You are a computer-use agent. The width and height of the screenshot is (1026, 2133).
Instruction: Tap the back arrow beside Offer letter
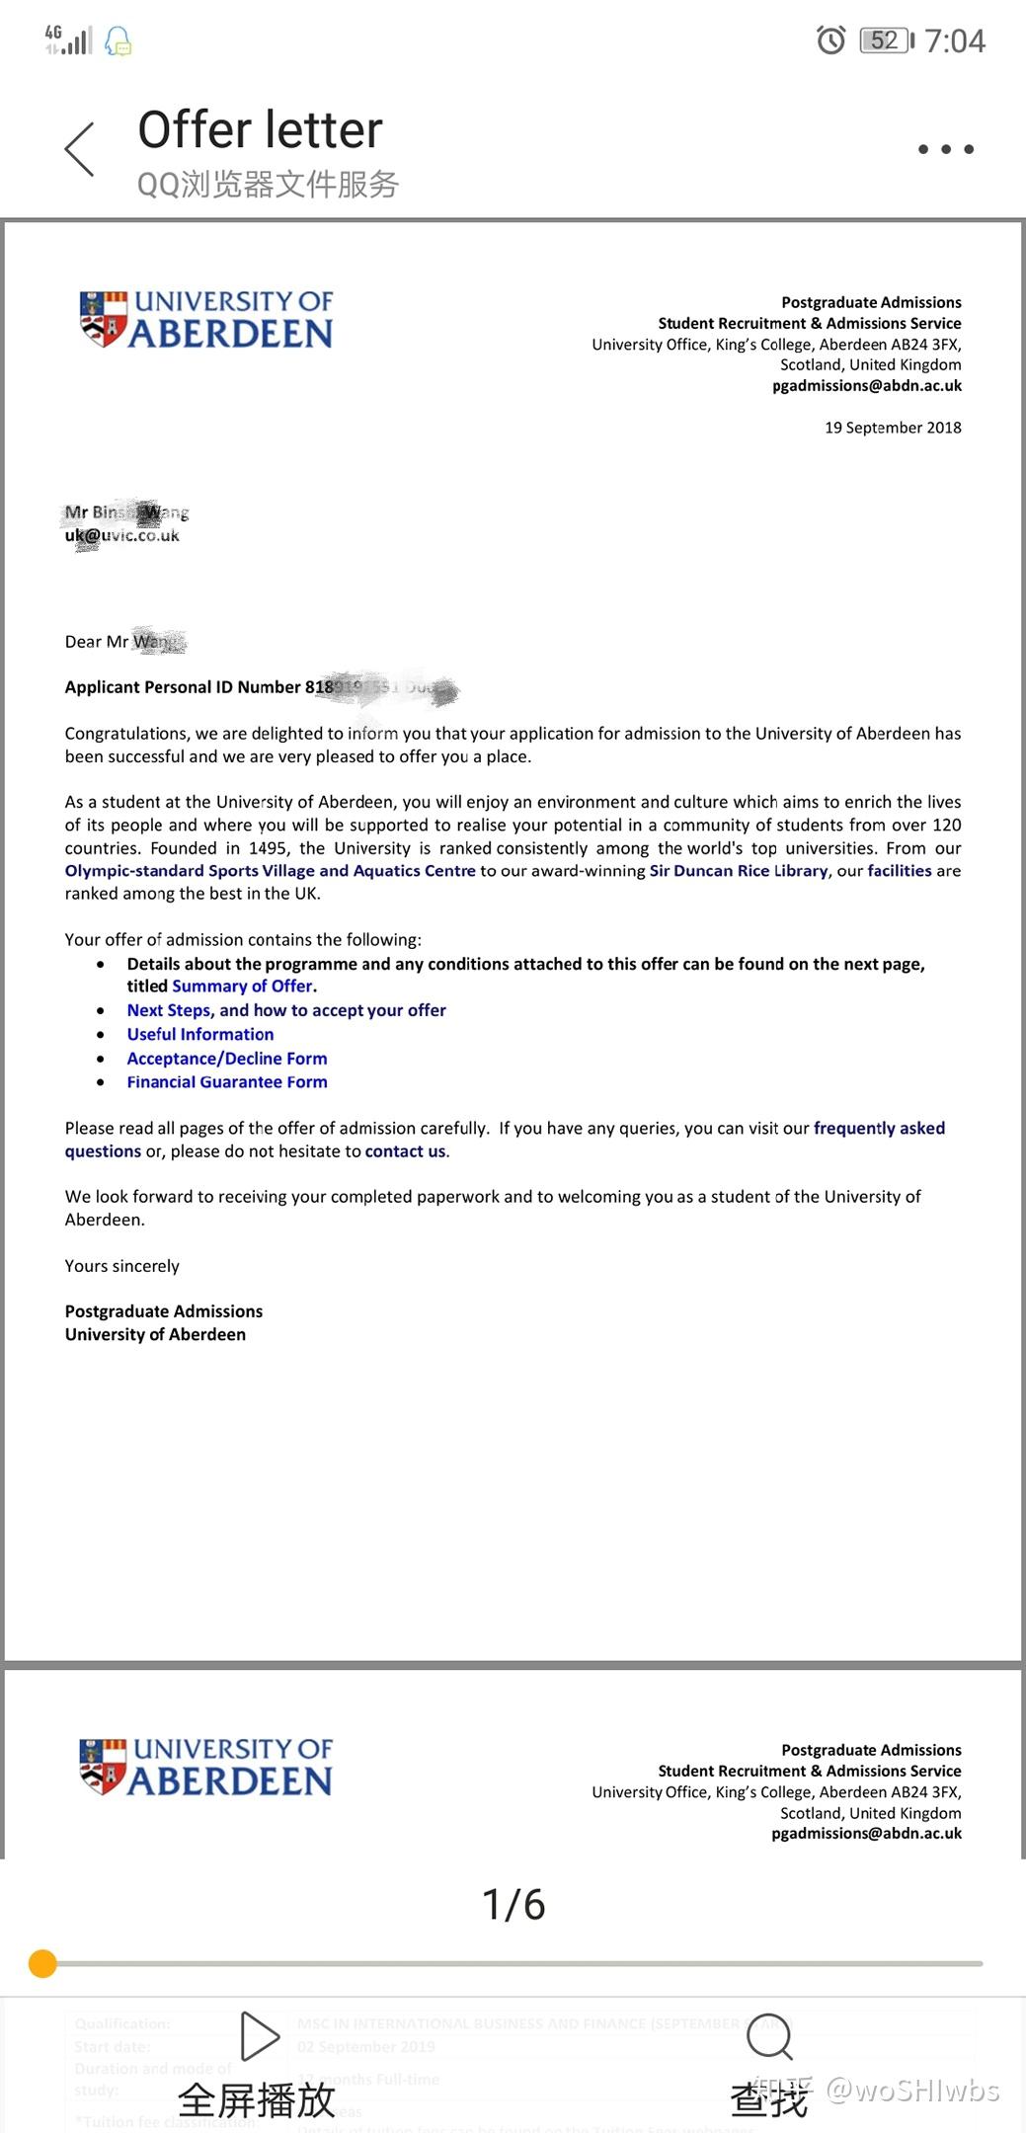80,149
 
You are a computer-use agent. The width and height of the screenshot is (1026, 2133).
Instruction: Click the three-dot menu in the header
945,149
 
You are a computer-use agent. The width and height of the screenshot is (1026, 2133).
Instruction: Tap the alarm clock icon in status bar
830,40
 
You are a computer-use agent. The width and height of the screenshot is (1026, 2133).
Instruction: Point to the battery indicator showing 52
886,40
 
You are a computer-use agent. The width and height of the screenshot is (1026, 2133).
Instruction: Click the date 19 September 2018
893,428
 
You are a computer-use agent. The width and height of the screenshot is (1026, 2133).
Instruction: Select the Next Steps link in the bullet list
286,1010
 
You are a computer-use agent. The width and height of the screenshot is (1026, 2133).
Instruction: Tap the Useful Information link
200,1034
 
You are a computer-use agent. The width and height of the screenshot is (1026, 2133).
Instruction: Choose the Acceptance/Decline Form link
227,1059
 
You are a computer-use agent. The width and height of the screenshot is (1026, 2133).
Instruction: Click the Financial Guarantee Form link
227,1082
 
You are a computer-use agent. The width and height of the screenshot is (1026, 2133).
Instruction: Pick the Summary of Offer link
243,987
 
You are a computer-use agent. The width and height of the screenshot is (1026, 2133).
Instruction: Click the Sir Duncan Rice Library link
739,871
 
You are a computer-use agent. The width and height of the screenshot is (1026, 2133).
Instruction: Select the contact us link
405,1151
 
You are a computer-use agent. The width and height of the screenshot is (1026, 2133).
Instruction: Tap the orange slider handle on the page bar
42,1963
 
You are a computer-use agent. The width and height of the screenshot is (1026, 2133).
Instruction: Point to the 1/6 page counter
513,1904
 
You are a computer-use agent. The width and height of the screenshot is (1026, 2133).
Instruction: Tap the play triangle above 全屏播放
260,2035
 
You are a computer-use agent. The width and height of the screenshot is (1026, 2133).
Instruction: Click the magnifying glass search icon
769,2036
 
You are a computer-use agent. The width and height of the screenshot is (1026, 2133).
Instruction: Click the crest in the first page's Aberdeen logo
104,318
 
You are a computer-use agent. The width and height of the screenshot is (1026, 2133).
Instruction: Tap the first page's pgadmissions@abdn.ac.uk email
866,386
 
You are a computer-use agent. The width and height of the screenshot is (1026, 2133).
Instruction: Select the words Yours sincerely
122,1266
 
